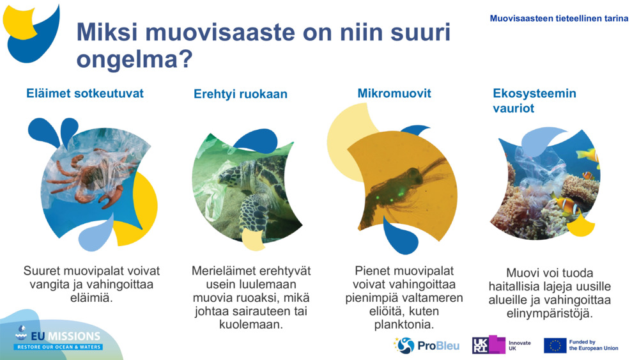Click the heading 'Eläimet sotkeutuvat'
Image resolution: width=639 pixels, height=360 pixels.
tap(85, 93)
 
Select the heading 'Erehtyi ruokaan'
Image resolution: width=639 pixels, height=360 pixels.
tap(240, 94)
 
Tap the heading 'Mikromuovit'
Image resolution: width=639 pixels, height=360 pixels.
tap(394, 93)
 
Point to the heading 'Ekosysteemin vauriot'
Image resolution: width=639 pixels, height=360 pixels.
tap(534, 100)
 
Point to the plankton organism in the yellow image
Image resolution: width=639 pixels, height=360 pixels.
tap(403, 182)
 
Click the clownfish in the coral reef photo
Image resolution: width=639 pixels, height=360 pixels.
tap(566, 205)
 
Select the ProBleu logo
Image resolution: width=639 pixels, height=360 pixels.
tap(426, 345)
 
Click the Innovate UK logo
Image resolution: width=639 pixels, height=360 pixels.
tap(502, 345)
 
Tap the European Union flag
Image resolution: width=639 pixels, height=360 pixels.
tap(555, 345)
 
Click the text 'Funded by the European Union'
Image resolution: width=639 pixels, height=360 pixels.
tap(593, 345)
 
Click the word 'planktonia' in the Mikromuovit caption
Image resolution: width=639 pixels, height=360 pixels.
tap(404, 325)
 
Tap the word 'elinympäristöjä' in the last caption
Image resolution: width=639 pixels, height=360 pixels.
tap(550, 314)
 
